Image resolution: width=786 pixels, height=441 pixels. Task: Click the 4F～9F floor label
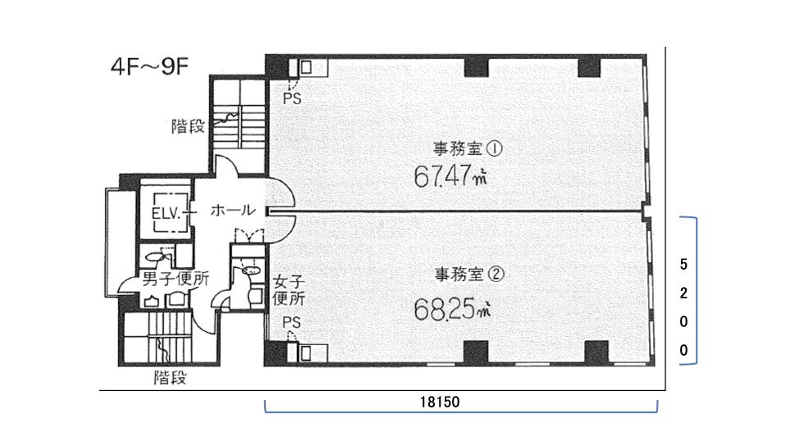click(x=149, y=66)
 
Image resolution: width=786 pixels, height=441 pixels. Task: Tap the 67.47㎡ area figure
click(x=450, y=175)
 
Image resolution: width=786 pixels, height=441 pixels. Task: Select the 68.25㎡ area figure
click(x=451, y=309)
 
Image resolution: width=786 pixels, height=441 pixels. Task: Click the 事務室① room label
click(x=467, y=148)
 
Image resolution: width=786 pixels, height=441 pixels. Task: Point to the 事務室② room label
click(x=469, y=275)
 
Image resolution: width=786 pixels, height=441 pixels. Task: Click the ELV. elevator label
click(x=166, y=214)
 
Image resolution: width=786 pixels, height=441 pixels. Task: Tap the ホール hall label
click(x=233, y=210)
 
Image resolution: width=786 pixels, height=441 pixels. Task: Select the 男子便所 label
click(x=176, y=279)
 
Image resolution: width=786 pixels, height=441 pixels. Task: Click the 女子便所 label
click(x=289, y=290)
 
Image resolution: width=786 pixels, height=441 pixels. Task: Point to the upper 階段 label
click(x=188, y=125)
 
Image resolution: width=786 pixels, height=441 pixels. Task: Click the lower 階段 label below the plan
click(x=171, y=377)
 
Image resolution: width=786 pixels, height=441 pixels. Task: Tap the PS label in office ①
click(x=292, y=98)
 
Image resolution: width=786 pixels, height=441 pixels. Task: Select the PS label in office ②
click(x=292, y=322)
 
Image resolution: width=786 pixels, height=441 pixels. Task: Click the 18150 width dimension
click(x=440, y=402)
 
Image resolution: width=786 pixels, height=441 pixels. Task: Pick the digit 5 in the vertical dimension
click(x=683, y=264)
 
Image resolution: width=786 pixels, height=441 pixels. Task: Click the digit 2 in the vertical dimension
click(x=683, y=293)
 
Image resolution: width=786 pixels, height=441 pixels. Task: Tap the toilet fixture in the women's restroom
click(x=250, y=271)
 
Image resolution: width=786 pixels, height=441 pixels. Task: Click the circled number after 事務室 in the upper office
click(x=495, y=148)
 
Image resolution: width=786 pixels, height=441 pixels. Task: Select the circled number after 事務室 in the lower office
click(x=496, y=275)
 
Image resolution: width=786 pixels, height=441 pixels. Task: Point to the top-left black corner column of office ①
click(x=276, y=66)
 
